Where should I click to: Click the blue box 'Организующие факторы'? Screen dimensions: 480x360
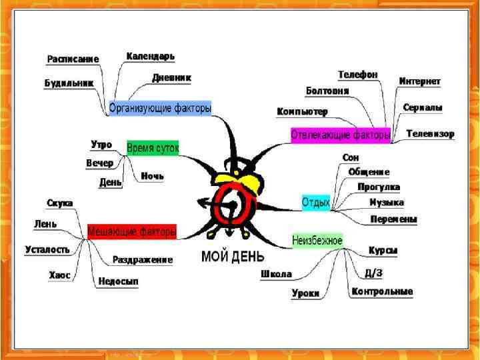[x=160, y=107]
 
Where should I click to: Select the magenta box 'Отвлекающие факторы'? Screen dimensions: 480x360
[x=341, y=135]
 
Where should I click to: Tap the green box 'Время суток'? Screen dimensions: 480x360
[x=153, y=147]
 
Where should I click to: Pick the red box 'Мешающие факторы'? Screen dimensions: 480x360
[x=132, y=231]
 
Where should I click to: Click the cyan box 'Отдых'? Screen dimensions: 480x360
[x=316, y=202]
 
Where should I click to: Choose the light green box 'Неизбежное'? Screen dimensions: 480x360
[x=317, y=240]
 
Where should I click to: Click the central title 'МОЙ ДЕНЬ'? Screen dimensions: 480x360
[x=233, y=256]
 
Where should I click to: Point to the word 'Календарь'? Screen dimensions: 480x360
[x=151, y=56]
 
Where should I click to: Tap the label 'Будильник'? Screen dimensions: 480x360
[x=69, y=83]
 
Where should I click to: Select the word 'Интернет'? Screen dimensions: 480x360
[x=419, y=81]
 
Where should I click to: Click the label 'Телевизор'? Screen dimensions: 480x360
[x=430, y=133]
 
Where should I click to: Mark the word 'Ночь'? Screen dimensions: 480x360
[x=152, y=176]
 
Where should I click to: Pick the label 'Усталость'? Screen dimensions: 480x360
[x=47, y=249]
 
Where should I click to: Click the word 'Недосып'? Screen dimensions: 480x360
[x=118, y=282]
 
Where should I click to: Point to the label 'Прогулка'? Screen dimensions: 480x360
[x=378, y=187]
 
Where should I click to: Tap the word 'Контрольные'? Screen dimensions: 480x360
[x=382, y=291]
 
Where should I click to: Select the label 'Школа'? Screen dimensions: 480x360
[x=276, y=274]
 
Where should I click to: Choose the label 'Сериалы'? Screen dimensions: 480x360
[x=423, y=107]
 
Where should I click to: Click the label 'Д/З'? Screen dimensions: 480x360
[x=373, y=273]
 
